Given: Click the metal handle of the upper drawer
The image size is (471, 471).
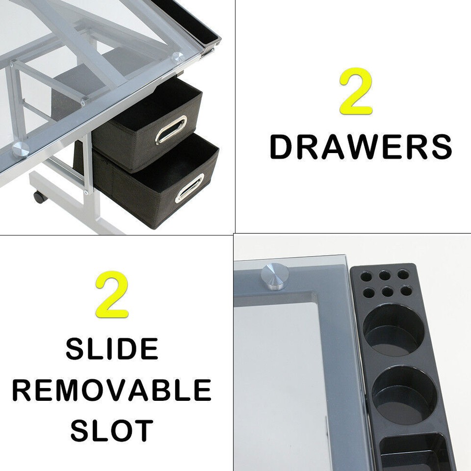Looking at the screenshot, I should coord(171,130).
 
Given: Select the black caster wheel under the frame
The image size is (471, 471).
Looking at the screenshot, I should coord(38,197).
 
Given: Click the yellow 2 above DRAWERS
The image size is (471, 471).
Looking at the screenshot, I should coord(356,91).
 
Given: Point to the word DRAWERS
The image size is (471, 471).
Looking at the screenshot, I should coord(361,147).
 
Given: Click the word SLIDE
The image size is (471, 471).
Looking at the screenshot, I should coord(112,349).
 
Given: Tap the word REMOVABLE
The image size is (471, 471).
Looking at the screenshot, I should coord(112,390).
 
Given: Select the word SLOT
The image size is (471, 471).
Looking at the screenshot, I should coord(112,430).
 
